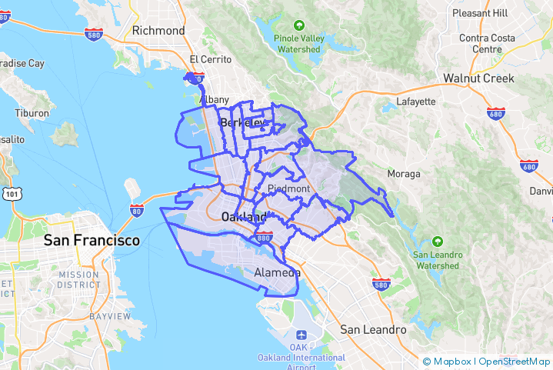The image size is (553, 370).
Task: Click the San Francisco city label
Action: (x=92, y=241)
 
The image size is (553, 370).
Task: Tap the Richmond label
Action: (x=158, y=31)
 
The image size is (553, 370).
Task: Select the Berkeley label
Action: (x=242, y=122)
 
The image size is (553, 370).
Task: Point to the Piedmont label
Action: (x=288, y=188)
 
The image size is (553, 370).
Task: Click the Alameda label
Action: (x=277, y=273)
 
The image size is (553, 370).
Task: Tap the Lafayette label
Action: (x=415, y=102)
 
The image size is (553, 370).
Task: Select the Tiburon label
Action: (x=32, y=113)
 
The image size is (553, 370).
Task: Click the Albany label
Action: (x=214, y=99)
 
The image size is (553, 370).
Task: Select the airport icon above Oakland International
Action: (x=301, y=336)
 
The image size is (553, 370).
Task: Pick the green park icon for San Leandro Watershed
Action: (x=438, y=241)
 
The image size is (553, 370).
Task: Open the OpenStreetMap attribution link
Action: (x=514, y=362)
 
